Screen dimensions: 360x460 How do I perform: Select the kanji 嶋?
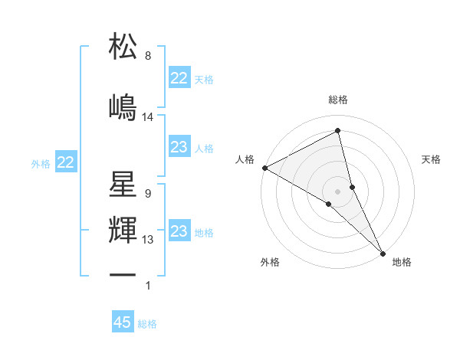coord(123,107)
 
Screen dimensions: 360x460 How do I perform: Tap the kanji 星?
coord(123,185)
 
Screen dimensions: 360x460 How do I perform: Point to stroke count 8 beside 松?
coord(147,56)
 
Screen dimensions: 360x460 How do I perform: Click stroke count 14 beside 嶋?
coord(148,117)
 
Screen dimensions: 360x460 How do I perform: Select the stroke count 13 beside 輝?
coord(148,240)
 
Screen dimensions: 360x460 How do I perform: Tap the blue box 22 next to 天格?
coord(179,78)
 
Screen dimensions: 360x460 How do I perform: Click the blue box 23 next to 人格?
coord(179,147)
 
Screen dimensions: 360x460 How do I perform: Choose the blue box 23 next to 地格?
coord(179,231)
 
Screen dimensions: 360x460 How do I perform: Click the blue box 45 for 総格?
coord(123,322)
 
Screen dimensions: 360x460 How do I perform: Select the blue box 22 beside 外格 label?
coord(65,162)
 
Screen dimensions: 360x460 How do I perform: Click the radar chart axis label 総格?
coord(338,100)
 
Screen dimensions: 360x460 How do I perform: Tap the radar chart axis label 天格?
coord(432,159)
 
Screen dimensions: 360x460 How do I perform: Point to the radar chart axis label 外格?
coord(270,262)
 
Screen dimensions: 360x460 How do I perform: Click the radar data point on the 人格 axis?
coord(264,168)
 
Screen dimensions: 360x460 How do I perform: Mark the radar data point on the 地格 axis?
coord(383,251)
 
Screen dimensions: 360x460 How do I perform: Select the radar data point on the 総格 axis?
coord(338,131)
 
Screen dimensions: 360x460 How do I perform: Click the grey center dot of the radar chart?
coord(338,191)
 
